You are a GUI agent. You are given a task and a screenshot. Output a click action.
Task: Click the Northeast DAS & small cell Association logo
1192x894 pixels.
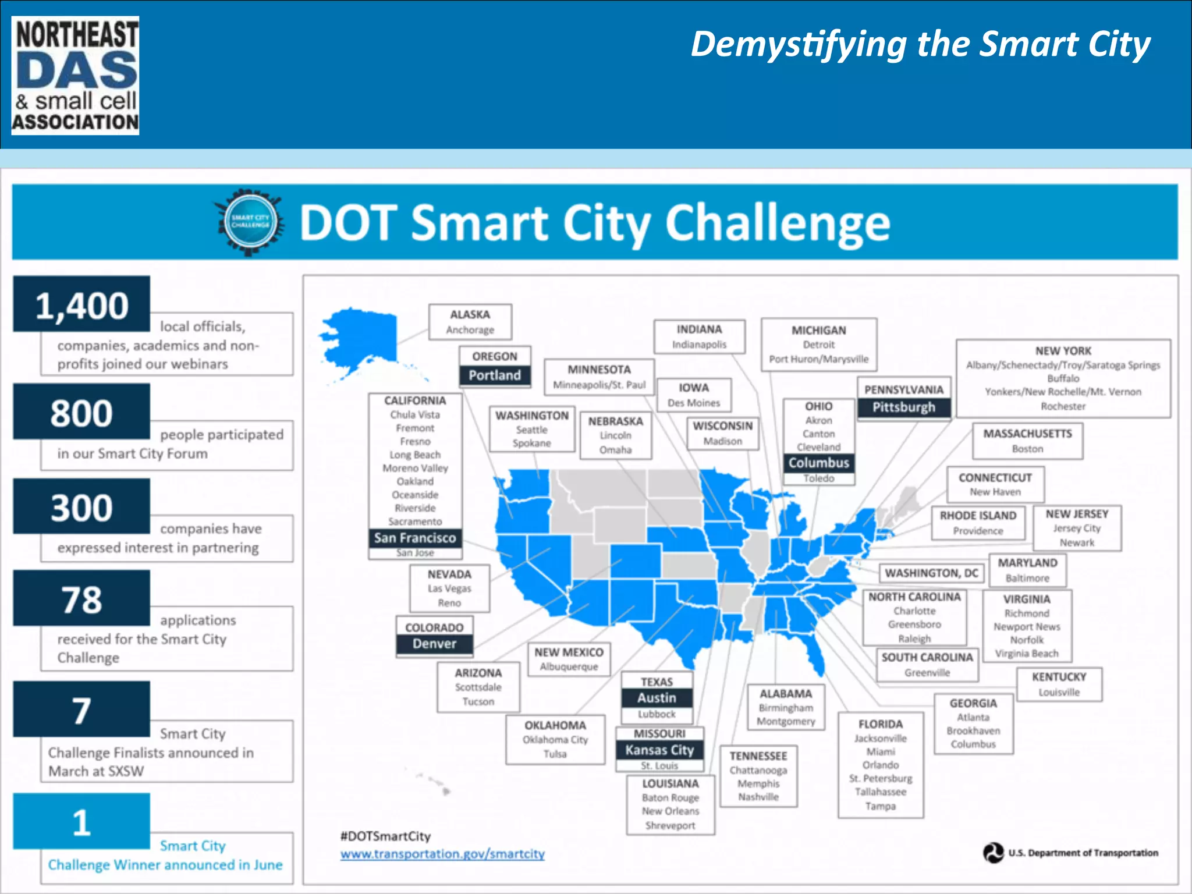[x=75, y=76]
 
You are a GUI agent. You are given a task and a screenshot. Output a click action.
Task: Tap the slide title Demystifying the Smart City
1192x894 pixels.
[x=920, y=45]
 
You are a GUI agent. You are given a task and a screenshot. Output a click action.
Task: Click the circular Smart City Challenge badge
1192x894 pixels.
[x=250, y=222]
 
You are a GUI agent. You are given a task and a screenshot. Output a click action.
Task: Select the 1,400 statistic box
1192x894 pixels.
[x=81, y=304]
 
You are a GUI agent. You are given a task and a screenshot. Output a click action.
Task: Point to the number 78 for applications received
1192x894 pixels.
[x=81, y=599]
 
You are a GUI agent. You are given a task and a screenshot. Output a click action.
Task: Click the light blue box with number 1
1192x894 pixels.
[x=81, y=821]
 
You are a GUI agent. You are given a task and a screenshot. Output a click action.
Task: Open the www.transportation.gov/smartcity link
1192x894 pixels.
[x=442, y=854]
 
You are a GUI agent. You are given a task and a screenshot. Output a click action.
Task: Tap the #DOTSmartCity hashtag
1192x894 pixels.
[x=385, y=836]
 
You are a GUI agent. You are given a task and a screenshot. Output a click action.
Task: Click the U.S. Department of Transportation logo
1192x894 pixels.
[x=994, y=853]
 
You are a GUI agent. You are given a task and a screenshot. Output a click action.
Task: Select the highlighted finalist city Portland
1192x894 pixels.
[x=495, y=375]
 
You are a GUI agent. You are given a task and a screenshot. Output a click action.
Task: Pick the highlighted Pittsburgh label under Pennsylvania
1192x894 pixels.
[x=903, y=407]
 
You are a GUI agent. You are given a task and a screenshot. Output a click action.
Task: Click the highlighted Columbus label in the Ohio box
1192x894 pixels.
[x=818, y=463]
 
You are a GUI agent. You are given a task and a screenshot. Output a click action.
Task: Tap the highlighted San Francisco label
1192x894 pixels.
[x=415, y=538]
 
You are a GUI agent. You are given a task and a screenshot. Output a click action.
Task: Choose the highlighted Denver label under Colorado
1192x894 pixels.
[x=434, y=644]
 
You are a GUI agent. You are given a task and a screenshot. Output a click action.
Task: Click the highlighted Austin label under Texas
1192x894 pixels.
[x=657, y=698]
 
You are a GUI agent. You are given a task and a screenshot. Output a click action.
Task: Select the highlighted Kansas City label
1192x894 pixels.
[x=659, y=750]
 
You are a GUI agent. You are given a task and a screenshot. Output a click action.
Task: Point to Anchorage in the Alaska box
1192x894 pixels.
[x=470, y=330]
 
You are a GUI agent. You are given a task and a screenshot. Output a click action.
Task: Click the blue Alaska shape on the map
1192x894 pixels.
[x=361, y=338]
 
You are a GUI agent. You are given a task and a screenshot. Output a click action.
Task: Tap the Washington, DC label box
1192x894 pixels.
[x=931, y=573]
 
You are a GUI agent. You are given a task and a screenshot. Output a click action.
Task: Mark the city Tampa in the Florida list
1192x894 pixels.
[x=880, y=806]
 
